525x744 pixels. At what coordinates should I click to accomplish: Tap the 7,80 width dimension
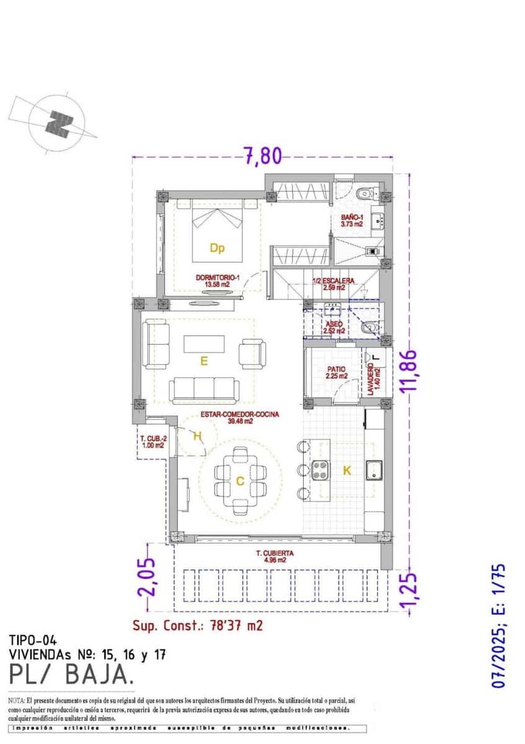(x=262, y=156)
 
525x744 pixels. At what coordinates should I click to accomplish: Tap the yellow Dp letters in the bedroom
(x=216, y=249)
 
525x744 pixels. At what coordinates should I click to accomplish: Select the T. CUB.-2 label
(x=152, y=441)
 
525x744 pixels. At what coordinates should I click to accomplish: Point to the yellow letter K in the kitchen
(x=347, y=471)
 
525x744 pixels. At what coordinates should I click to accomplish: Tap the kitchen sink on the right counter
(x=374, y=471)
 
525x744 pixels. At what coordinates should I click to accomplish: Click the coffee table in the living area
(x=204, y=343)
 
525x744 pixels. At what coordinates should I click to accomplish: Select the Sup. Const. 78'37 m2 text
(x=198, y=625)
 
